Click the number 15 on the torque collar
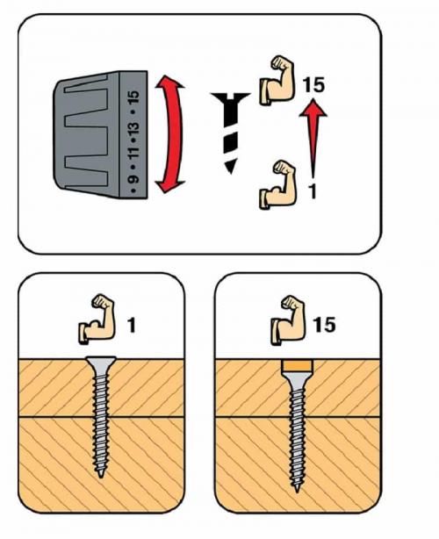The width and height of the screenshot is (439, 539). (134, 97)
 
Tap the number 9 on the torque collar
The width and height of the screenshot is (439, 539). (133, 179)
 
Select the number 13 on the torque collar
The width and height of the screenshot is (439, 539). (133, 129)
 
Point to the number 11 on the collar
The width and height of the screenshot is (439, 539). (133, 152)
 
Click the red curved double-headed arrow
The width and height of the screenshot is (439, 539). (176, 134)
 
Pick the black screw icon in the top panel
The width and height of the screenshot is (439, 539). (230, 133)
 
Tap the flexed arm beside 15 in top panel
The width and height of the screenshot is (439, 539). (277, 80)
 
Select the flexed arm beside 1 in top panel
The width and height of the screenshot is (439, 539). (277, 184)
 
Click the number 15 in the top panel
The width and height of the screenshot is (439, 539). (313, 85)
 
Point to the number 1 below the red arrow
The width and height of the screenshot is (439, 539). (313, 192)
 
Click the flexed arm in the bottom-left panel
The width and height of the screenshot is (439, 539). (97, 319)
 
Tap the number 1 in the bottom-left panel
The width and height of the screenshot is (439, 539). (132, 325)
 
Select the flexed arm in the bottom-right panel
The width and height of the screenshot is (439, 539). (288, 320)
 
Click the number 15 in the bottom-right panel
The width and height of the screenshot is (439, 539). (325, 325)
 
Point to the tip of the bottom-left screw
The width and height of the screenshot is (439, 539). (100, 477)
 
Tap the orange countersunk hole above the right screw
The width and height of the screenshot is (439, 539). (298, 367)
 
